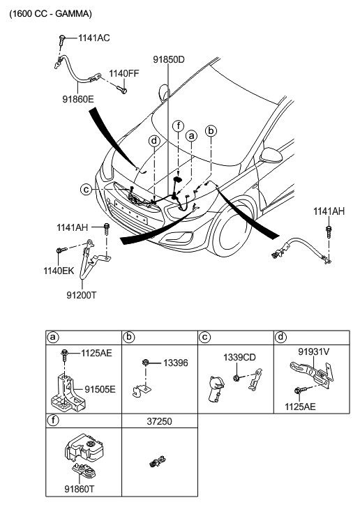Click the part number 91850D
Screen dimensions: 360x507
click(169, 60)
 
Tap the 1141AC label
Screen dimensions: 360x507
click(93, 38)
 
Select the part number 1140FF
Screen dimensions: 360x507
click(124, 74)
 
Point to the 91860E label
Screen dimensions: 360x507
click(78, 99)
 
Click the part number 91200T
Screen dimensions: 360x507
click(82, 295)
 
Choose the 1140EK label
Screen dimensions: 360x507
click(59, 271)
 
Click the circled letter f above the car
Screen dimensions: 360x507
click(178, 126)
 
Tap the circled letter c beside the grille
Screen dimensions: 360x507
click(86, 189)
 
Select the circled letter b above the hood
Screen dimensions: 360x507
click(211, 131)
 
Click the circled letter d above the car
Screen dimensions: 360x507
click(155, 141)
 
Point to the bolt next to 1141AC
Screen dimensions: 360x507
click(61, 40)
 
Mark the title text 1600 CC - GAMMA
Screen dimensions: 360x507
click(51, 14)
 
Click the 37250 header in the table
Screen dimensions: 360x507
click(160, 421)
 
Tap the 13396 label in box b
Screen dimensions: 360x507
click(175, 363)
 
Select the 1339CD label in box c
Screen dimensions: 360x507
click(239, 358)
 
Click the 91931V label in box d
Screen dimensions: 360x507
click(314, 351)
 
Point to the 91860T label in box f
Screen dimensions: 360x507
click(80, 489)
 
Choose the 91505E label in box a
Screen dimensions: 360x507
click(100, 389)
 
